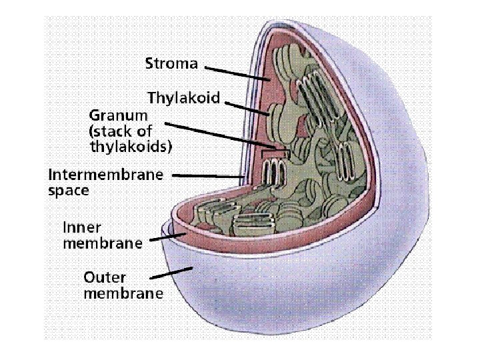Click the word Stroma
(x=171, y=64)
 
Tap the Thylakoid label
(x=183, y=99)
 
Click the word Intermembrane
(x=105, y=175)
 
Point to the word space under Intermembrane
(x=69, y=190)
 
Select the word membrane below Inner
(x=102, y=243)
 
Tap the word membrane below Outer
(x=123, y=293)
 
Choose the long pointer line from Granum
(x=220, y=135)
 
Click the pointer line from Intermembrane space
(x=207, y=176)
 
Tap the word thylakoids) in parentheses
(x=130, y=145)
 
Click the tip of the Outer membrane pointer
(x=193, y=267)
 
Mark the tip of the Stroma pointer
(x=268, y=81)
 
